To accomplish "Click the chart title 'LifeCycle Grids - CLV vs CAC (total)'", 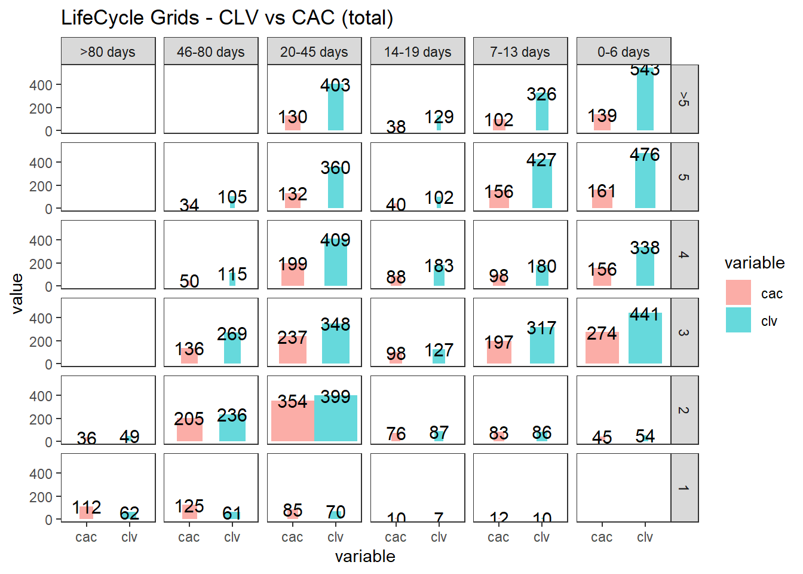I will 227,18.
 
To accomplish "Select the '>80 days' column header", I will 108,51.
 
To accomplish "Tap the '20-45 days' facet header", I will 314,51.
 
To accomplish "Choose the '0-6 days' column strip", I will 624,51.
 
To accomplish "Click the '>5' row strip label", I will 684,99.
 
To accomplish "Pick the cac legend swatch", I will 738,293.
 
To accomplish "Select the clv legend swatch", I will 738,320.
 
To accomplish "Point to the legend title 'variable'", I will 755,263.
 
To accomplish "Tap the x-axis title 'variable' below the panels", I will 365,557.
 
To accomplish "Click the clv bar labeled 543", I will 645,102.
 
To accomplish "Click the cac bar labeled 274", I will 602,350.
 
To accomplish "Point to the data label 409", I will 335,240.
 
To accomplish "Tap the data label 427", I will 541,160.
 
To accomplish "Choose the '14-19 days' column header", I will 418,51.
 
